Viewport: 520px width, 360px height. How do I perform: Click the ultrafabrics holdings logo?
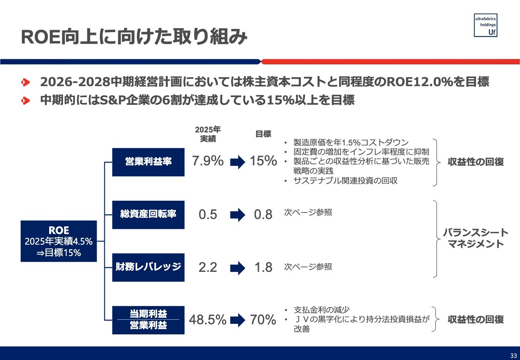(485, 25)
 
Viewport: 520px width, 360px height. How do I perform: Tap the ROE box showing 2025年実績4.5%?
(59, 241)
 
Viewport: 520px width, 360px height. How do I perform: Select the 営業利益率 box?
(148, 162)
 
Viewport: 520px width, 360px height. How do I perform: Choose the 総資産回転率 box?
(148, 215)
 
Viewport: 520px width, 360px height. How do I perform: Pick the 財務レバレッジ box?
(148, 267)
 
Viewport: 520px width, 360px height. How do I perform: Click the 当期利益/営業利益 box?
(148, 320)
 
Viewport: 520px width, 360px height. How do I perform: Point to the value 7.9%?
(208, 161)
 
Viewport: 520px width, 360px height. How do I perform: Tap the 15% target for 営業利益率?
(263, 161)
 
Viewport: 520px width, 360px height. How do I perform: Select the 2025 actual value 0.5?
(208, 215)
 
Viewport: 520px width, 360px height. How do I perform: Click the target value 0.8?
(263, 215)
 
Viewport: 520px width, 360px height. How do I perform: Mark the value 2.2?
(208, 267)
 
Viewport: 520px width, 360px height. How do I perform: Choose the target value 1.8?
(263, 267)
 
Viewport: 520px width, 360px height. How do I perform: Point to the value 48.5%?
(208, 320)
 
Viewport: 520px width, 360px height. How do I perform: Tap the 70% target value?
(263, 320)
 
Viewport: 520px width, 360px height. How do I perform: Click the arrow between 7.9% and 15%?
(238, 162)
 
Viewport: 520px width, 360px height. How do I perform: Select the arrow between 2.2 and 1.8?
(238, 268)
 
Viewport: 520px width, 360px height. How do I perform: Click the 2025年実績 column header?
(208, 134)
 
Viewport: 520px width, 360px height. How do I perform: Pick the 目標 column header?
(263, 134)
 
